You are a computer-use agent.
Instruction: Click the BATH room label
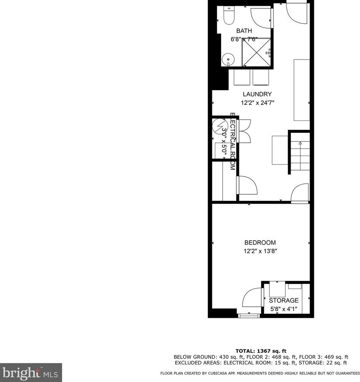[x=244, y=31]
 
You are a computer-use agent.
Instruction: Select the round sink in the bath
[x=228, y=58]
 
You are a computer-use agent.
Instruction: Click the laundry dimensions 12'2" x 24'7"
[x=257, y=103]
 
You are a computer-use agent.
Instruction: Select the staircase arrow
[x=300, y=144]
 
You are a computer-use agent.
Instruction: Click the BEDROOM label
[x=260, y=242]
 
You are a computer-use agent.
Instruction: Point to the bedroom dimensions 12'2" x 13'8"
[x=260, y=251]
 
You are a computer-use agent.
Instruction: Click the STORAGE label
[x=284, y=301]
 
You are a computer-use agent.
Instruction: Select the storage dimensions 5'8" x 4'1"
[x=284, y=309]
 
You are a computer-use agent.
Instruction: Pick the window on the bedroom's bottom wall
[x=249, y=315]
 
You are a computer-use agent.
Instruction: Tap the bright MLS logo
[x=31, y=373]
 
